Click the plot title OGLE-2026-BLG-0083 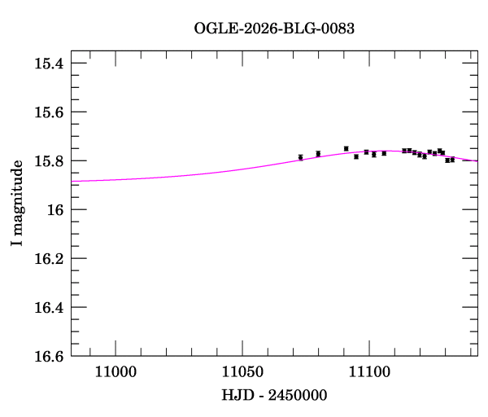click(x=274, y=29)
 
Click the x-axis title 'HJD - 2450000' click(x=274, y=395)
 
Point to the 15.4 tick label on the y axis click(x=50, y=64)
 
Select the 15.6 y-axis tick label click(x=50, y=112)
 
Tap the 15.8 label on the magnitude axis click(x=50, y=161)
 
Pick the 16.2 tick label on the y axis click(x=50, y=259)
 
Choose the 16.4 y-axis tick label click(x=50, y=308)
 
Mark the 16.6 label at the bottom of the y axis click(x=50, y=357)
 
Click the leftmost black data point click(x=300, y=157)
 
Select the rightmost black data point click(x=452, y=160)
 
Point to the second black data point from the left click(x=318, y=153)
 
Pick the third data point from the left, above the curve click(x=346, y=148)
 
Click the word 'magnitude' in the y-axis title click(x=17, y=195)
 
